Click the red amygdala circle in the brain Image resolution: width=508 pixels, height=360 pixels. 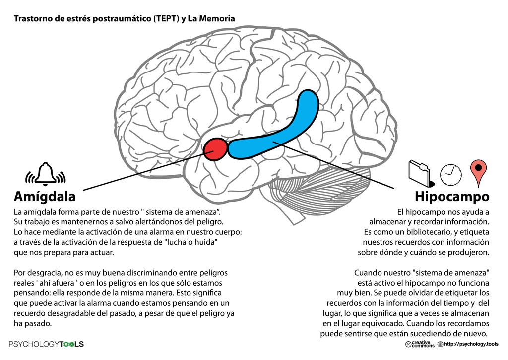click(x=215, y=149)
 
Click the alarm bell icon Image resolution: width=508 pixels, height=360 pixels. click(x=46, y=174)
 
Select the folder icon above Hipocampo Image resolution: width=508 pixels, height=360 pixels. click(x=420, y=173)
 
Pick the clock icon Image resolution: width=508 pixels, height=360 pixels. click(x=450, y=173)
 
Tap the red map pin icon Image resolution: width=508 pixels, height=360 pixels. click(x=478, y=172)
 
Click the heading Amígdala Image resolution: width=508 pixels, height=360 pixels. click(x=45, y=195)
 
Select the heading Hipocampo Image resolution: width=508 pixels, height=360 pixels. click(x=452, y=196)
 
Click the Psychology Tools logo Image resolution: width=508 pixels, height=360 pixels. click(x=47, y=344)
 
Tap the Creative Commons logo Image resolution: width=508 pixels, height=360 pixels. click(x=420, y=344)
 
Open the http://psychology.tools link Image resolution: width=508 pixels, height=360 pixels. click(x=471, y=344)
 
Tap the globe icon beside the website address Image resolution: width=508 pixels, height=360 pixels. click(x=440, y=344)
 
